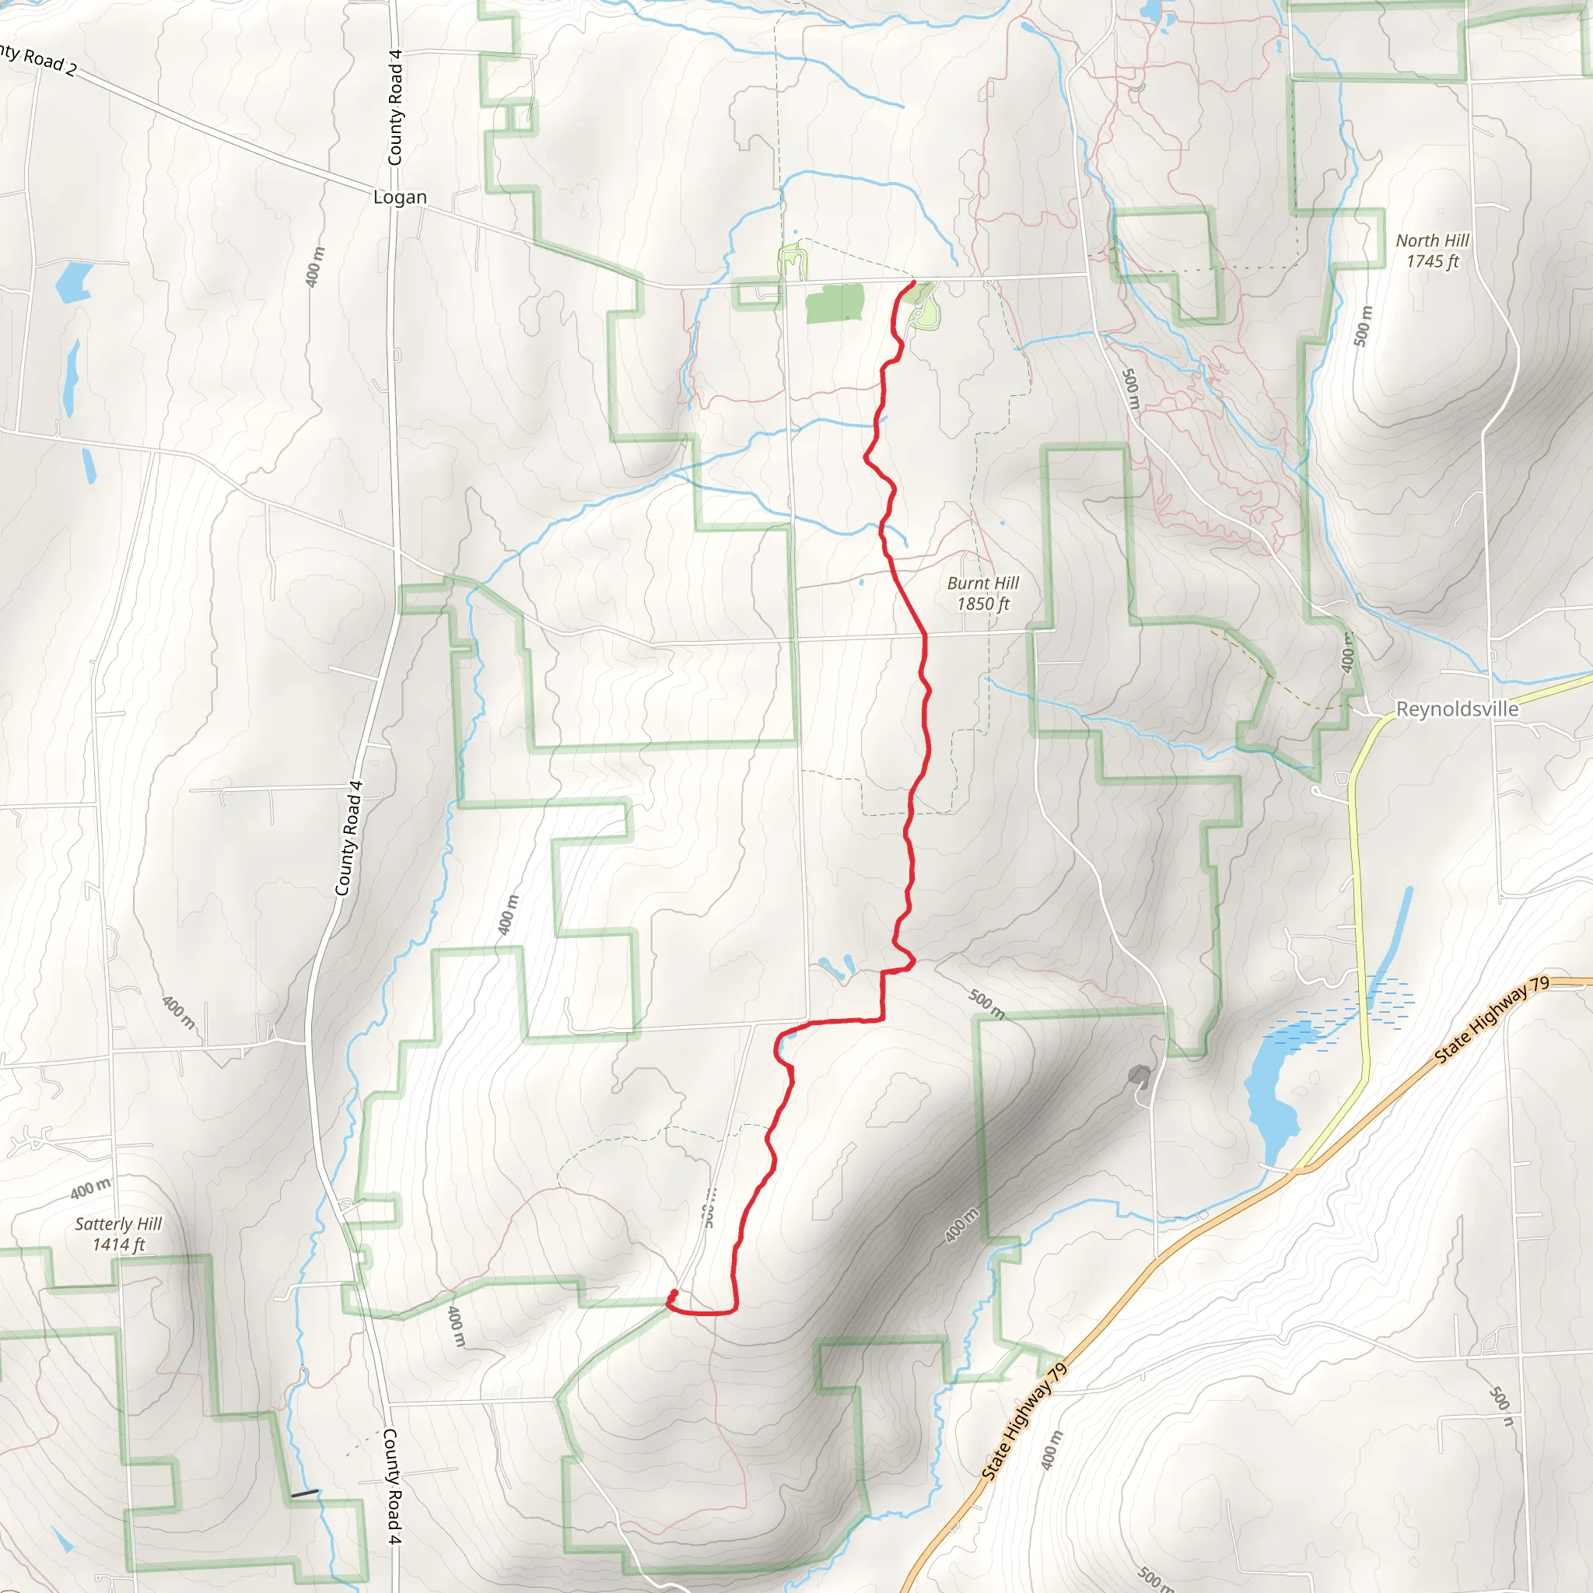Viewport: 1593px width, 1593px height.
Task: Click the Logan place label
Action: click(x=400, y=197)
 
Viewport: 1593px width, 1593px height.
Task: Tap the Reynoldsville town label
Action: click(x=1456, y=709)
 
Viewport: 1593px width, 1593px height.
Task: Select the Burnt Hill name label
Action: click(x=983, y=583)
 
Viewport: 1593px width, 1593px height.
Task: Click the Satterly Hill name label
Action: click(x=118, y=1224)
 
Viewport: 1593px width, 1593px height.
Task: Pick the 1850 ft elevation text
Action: click(x=983, y=604)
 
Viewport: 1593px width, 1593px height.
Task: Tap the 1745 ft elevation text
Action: click(x=1432, y=261)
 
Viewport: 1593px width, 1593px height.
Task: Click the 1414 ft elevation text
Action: click(x=118, y=1245)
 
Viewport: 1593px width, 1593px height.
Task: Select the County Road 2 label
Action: click(x=37, y=59)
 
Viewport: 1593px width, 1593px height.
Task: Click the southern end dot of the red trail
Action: click(x=674, y=1293)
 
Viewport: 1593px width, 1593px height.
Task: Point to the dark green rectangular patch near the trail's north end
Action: click(x=835, y=303)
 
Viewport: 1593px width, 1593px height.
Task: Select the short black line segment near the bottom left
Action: click(x=304, y=1493)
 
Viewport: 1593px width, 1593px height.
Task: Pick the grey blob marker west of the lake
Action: click(x=1140, y=1075)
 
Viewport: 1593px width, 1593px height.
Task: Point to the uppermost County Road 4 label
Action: click(x=395, y=107)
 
